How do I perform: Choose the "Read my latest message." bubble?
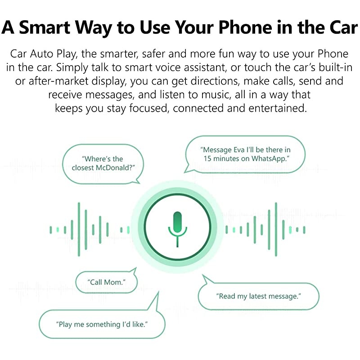pyautogui.click(x=258, y=296)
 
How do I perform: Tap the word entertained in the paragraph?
pyautogui.click(x=279, y=108)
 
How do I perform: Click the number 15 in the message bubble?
pyautogui.click(x=207, y=159)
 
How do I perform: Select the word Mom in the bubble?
pyautogui.click(x=113, y=283)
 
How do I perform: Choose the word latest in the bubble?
pyautogui.click(x=254, y=296)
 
